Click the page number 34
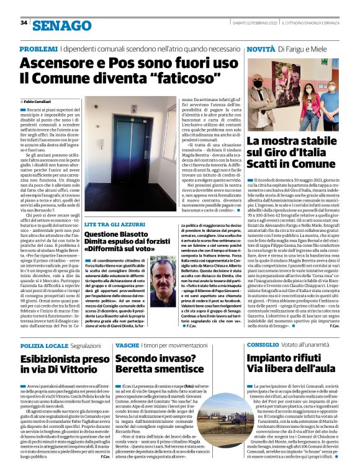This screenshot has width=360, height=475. pos(24,23)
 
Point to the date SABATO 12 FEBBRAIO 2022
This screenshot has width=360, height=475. pos(254,23)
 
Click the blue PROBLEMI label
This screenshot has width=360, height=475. pos(39,49)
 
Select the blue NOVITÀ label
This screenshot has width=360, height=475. pos(261,49)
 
